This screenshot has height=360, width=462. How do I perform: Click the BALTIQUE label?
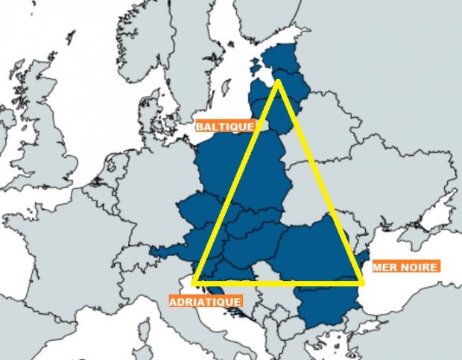pyautogui.click(x=224, y=126)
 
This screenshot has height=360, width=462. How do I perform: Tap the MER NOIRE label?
pyautogui.click(x=405, y=265)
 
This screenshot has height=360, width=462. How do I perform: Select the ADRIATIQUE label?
pyautogui.click(x=205, y=302)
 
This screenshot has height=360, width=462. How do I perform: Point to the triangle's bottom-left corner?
pyautogui.click(x=194, y=282)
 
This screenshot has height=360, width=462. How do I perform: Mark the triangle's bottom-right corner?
pyautogui.click(x=362, y=282)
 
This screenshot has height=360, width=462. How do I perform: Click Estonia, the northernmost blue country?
pyautogui.click(x=284, y=58)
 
